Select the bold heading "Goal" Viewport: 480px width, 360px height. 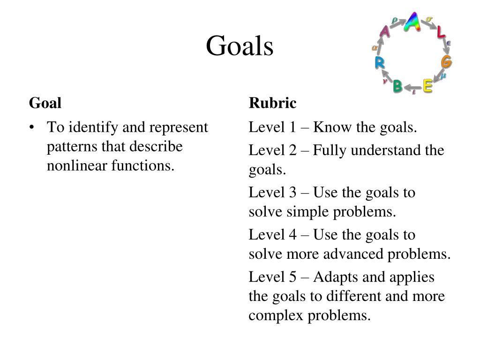45,103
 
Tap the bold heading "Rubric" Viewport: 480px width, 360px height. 272,103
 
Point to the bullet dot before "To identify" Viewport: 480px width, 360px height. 31,127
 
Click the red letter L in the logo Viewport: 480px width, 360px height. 440,33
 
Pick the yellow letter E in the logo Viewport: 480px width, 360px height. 427,86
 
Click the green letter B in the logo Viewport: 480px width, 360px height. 397,86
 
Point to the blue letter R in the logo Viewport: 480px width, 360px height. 379,62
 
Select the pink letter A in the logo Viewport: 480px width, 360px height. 384,32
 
